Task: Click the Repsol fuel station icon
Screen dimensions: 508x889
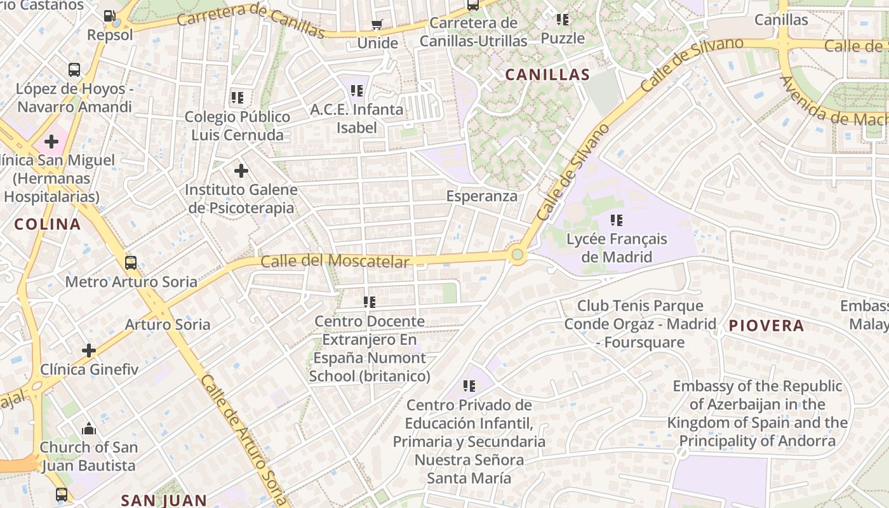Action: [x=110, y=16]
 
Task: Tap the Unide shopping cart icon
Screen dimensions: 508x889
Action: [x=377, y=25]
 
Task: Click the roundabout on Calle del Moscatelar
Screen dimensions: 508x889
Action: [x=518, y=255]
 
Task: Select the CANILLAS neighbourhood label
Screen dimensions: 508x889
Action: [x=547, y=75]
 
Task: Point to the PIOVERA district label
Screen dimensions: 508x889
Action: [x=766, y=326]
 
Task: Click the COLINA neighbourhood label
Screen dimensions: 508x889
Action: [x=48, y=224]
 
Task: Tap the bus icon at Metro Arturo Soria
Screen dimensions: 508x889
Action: [x=131, y=262]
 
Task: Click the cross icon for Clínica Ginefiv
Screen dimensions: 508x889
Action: [x=89, y=350]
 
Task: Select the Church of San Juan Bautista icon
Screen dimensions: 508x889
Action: [x=89, y=429]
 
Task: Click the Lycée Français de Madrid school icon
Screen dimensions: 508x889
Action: [x=617, y=220]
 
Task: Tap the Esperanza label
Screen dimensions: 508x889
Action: [x=481, y=196]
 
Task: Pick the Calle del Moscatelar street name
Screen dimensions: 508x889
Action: [x=335, y=261]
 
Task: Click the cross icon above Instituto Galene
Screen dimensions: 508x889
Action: [x=241, y=170]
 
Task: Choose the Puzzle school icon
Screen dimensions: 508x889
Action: [x=563, y=20]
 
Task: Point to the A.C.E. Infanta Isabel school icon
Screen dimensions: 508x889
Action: [x=356, y=91]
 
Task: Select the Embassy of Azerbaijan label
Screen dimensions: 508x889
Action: [x=757, y=413]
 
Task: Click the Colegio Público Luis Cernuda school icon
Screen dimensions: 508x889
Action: [x=237, y=98]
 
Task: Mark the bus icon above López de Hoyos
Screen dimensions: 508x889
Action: [x=74, y=69]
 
